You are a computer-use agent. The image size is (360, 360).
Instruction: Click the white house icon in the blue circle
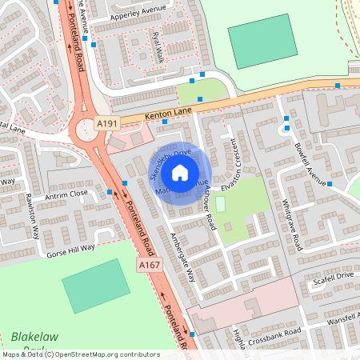tap(180, 172)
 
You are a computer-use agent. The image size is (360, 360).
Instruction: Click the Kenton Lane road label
tap(170, 113)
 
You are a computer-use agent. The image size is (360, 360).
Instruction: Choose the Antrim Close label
tap(67, 194)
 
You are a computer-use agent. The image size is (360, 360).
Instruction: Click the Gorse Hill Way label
tap(71, 248)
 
